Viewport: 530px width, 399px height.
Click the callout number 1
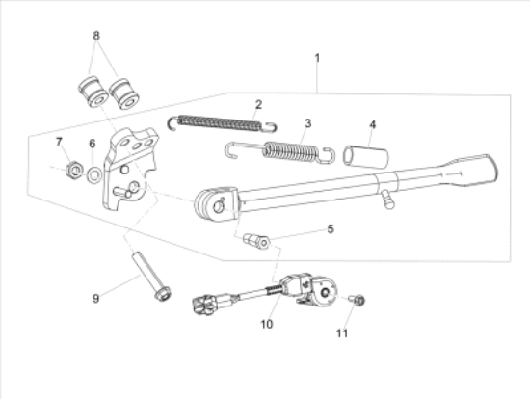click(317, 59)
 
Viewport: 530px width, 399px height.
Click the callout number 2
click(258, 103)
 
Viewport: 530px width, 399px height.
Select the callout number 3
click(306, 123)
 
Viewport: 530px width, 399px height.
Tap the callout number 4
click(373, 123)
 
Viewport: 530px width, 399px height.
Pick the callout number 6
click(93, 144)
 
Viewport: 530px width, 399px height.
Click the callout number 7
click(59, 142)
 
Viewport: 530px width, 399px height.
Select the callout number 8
click(95, 35)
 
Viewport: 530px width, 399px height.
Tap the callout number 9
click(95, 298)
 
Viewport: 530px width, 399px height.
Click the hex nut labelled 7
click(73, 173)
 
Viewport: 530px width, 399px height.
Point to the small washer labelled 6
click(93, 175)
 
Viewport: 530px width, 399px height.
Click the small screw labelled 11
click(356, 303)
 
